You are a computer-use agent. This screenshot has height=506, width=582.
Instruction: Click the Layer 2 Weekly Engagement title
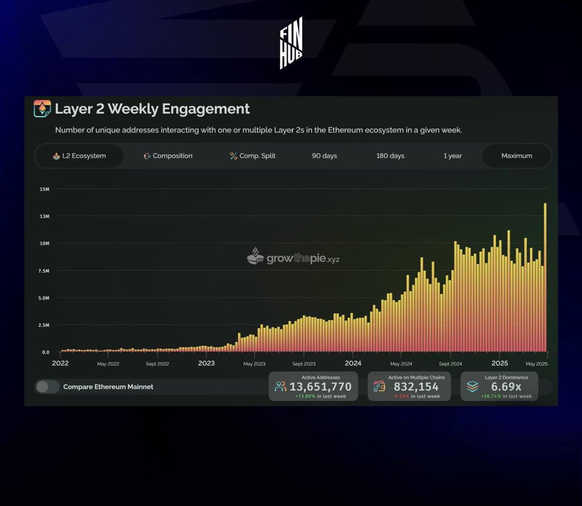(152, 109)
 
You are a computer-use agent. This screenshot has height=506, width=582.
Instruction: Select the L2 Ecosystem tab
(79, 156)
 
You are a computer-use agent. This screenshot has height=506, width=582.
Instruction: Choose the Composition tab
(168, 156)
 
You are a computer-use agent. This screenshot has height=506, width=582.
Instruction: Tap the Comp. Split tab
(253, 156)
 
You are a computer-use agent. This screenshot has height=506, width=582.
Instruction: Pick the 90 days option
(324, 156)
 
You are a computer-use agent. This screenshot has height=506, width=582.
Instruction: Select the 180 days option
(390, 156)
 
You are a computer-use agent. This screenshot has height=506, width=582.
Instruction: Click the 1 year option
(453, 156)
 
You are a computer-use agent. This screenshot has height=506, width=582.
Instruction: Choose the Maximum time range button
(517, 156)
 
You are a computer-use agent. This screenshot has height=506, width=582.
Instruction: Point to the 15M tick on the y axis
(45, 189)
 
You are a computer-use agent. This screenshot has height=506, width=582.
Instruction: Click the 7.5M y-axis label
(44, 271)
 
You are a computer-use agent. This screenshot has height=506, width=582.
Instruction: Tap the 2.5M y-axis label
(44, 325)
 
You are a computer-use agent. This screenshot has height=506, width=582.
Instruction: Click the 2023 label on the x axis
(206, 363)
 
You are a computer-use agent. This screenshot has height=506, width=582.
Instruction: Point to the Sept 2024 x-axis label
(450, 364)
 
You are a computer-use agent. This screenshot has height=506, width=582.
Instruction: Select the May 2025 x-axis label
(536, 364)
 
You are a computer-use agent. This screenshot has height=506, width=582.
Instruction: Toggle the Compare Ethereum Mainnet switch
(47, 386)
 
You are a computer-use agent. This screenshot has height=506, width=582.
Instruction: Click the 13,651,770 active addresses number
(320, 387)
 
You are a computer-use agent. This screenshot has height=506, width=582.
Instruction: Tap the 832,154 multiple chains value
(416, 387)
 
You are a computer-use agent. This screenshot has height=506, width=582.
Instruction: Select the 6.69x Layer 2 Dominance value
(506, 387)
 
